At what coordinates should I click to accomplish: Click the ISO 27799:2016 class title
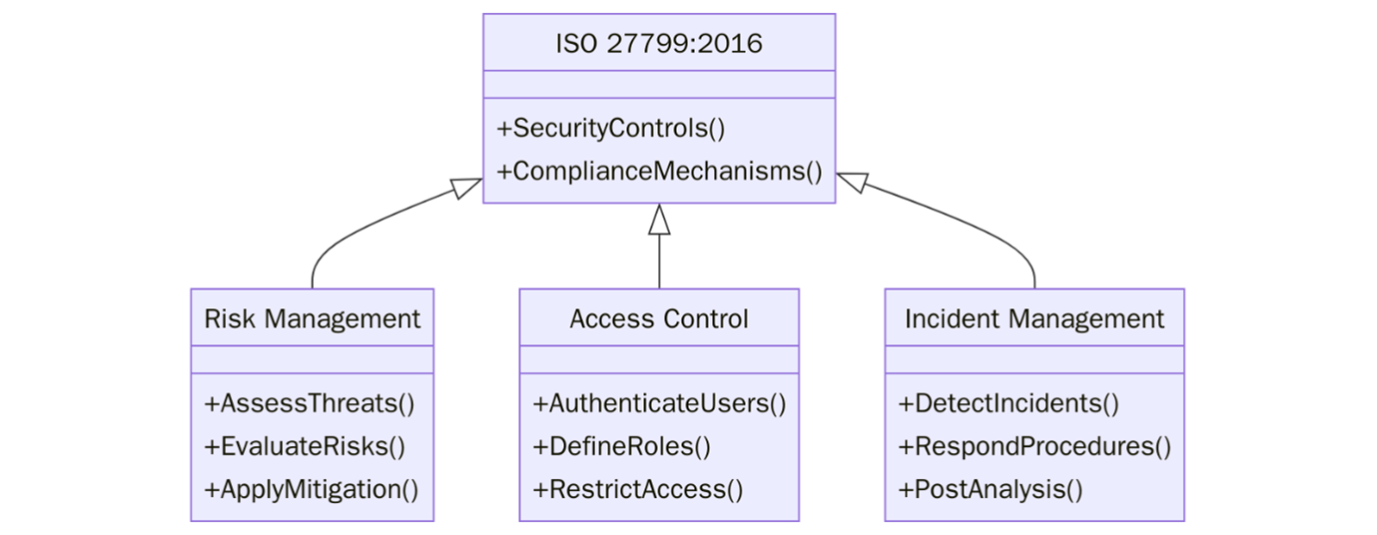click(x=659, y=44)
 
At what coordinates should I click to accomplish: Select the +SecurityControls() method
click(x=610, y=129)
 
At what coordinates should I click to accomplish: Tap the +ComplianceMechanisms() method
click(x=659, y=172)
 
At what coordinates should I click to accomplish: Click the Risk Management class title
click(x=312, y=318)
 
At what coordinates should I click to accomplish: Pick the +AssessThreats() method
click(x=309, y=403)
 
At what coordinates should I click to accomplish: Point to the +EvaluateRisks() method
click(x=305, y=446)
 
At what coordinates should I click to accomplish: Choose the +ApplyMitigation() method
click(x=311, y=489)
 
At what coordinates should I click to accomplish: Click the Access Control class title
click(x=659, y=318)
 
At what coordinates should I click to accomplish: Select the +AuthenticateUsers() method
click(x=659, y=403)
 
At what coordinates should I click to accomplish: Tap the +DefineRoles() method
click(x=621, y=446)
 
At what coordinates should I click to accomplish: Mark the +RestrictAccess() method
click(x=638, y=489)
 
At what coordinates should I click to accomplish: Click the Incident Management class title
click(x=1034, y=318)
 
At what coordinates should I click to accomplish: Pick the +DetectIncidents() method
click(x=1009, y=403)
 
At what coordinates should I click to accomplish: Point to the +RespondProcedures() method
click(x=1034, y=446)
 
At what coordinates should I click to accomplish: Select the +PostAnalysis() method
click(x=991, y=489)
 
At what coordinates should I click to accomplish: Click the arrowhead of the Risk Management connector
click(x=467, y=187)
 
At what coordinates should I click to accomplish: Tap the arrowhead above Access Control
click(x=659, y=219)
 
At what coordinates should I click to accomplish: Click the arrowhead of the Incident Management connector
click(x=851, y=182)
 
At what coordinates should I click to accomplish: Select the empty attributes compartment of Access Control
click(x=659, y=359)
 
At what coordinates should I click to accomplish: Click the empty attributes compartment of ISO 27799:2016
click(x=659, y=85)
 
